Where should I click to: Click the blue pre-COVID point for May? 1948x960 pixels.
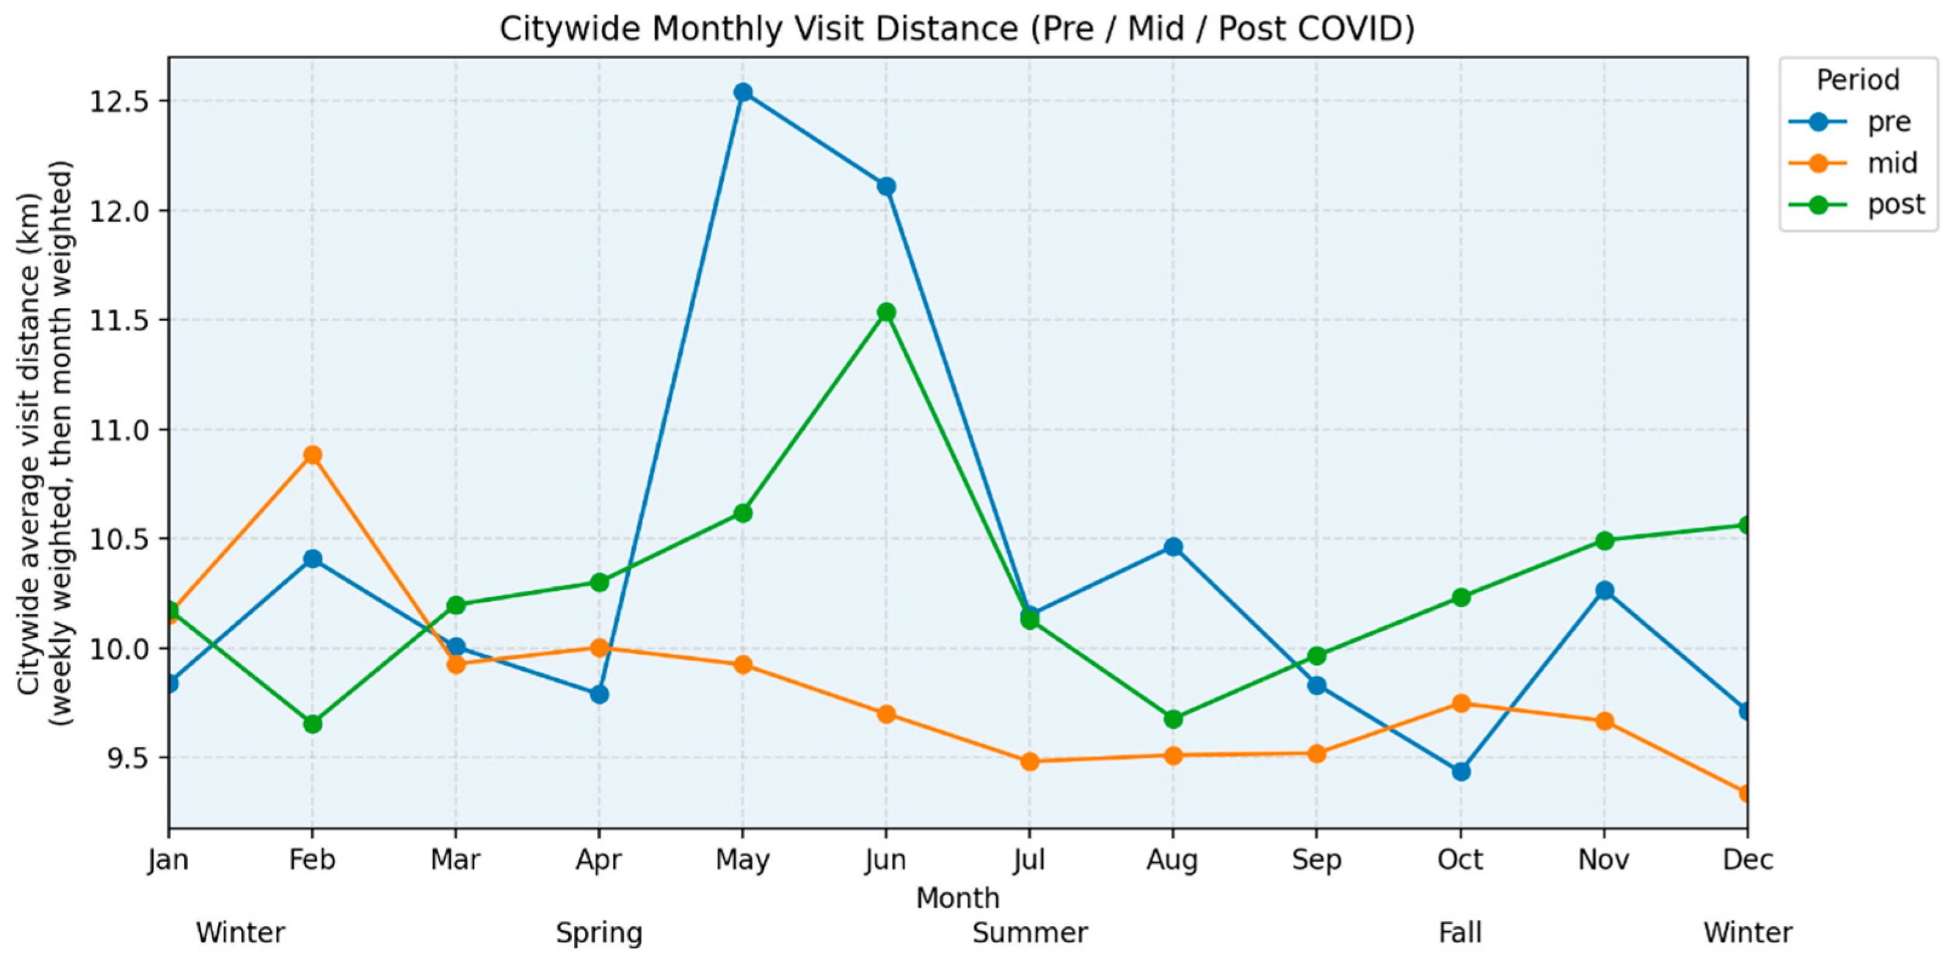[743, 92]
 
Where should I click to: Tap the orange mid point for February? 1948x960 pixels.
[312, 454]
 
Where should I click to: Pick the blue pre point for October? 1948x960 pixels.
[1461, 771]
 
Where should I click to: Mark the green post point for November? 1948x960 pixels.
[1604, 540]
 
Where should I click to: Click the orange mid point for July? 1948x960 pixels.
[1029, 761]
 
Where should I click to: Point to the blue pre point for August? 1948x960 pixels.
[1173, 546]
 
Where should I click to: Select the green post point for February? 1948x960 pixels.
[312, 723]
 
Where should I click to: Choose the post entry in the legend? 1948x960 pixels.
[1856, 204]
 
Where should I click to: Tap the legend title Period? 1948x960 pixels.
[1858, 79]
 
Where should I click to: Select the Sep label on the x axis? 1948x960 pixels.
[1316, 859]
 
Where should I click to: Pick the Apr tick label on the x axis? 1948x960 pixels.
[599, 859]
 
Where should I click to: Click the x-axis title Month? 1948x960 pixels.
[957, 898]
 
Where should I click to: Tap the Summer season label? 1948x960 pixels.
[1030, 933]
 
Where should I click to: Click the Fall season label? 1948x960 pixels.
[1460, 933]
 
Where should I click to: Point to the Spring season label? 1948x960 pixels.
[599, 933]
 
